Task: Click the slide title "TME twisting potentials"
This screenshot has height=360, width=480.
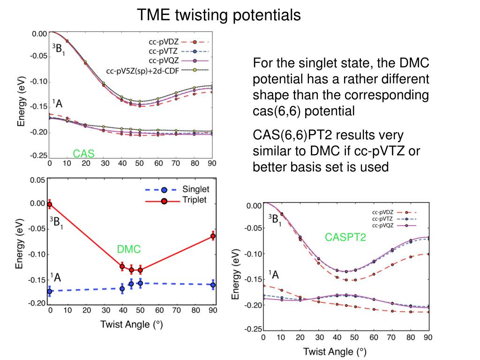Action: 219,15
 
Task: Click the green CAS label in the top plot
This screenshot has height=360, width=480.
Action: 83,153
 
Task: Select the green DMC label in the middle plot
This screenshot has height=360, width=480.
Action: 129,250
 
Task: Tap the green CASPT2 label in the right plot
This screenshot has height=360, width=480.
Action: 345,238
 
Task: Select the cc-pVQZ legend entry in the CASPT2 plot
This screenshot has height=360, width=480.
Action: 383,225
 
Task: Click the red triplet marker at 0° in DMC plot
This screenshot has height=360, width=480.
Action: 50,204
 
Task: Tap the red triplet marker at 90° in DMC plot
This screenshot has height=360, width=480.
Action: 213,236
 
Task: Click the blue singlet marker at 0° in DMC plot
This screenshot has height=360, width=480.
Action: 50,291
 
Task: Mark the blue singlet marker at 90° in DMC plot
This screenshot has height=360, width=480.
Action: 213,285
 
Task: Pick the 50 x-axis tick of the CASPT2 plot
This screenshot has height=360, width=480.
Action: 355,337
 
